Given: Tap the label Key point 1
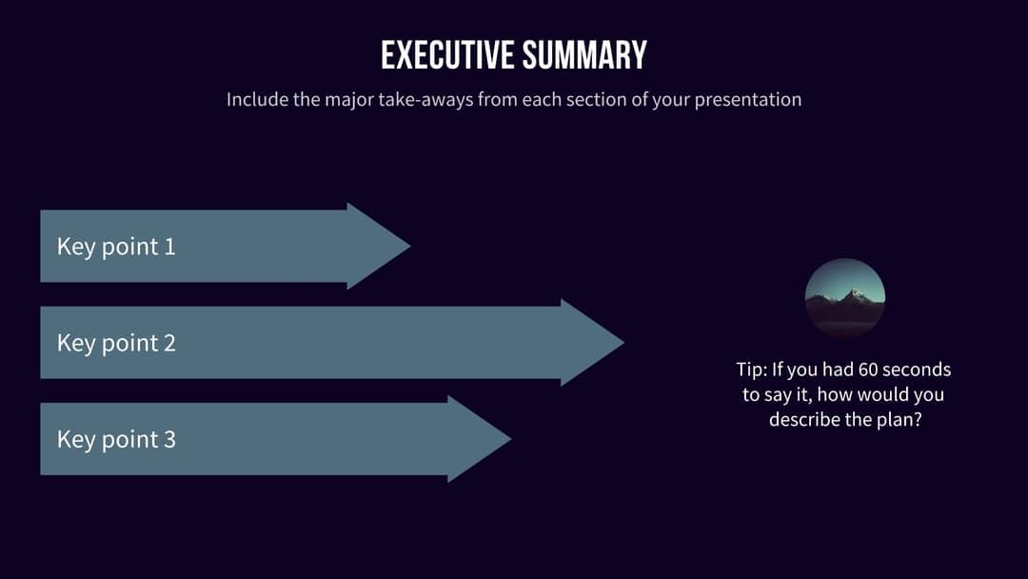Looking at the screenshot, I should coord(116,247).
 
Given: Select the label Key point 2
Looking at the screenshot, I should coord(116,343).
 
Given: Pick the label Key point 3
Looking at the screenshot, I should coord(116,439).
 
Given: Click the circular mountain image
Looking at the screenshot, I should coord(845,297).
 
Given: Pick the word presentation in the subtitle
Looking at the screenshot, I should coord(748,99).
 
